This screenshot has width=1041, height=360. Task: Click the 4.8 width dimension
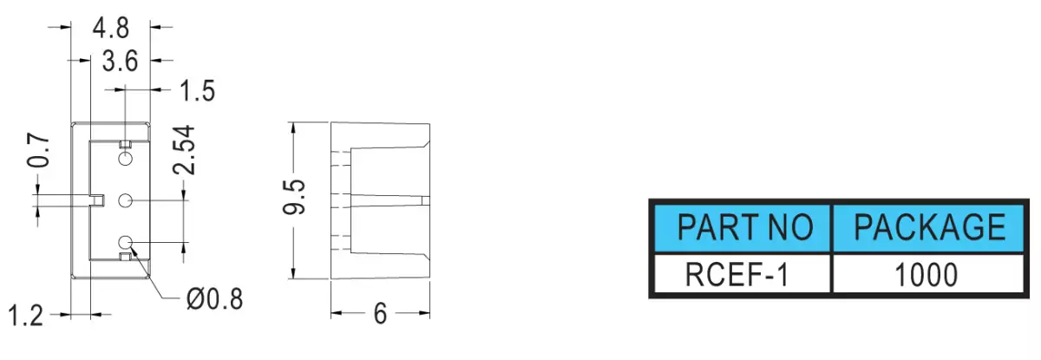(111, 29)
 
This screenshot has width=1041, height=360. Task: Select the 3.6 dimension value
(120, 62)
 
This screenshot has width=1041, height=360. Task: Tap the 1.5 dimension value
(197, 91)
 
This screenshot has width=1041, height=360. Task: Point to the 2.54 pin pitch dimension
(184, 149)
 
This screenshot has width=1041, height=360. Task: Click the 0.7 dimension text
(38, 151)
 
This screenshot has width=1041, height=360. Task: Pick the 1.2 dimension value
(26, 316)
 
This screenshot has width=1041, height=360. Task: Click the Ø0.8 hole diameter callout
(214, 299)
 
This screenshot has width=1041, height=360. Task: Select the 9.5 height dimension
(294, 197)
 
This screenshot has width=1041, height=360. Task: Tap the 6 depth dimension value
(380, 314)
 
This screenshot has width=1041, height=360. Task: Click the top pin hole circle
(126, 159)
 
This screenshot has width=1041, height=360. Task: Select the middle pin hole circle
(126, 200)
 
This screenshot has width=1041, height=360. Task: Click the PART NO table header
(745, 227)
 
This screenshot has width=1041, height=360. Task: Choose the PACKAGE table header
(929, 227)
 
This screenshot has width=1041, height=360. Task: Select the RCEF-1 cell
(737, 275)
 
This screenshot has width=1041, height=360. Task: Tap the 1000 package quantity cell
(926, 275)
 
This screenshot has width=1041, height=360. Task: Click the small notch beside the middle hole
(96, 200)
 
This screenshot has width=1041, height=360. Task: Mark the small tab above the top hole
(126, 144)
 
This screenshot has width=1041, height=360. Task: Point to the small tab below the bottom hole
(126, 257)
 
